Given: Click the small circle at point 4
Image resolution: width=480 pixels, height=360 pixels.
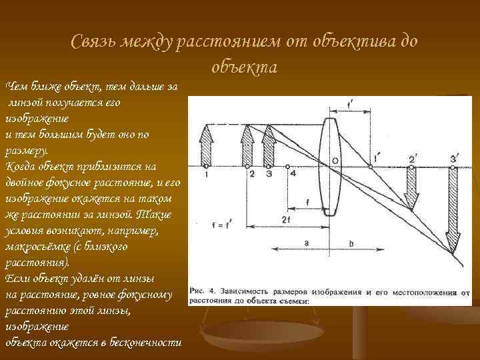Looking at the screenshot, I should (289, 165).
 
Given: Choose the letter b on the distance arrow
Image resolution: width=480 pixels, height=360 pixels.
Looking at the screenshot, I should (351, 243).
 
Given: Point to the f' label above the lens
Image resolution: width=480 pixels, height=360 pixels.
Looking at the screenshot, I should (351, 104).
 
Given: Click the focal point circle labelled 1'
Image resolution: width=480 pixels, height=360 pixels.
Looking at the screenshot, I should (371, 165).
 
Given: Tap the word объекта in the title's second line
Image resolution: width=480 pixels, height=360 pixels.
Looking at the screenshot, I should (244, 67).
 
